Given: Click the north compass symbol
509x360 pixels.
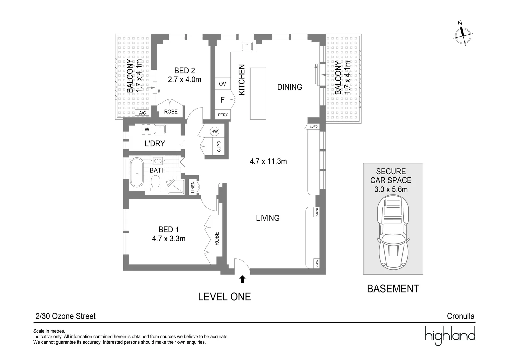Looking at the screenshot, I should (463, 34).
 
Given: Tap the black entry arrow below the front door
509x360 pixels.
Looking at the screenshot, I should (242, 279).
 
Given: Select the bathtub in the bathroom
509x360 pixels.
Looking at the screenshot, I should (136, 172).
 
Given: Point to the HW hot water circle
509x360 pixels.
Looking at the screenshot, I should (214, 132).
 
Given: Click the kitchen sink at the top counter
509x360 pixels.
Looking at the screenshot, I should (247, 46).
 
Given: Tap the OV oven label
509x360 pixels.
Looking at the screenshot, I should (222, 84).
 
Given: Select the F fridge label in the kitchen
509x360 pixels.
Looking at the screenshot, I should (222, 100).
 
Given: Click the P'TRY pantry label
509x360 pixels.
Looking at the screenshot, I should (223, 115).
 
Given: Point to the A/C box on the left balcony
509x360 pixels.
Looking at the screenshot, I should (142, 113).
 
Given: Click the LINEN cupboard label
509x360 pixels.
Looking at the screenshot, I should (193, 187).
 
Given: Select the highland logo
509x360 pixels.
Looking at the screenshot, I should (450, 335).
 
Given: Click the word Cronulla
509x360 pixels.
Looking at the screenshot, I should (460, 316).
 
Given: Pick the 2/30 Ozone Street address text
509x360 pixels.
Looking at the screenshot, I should (65, 316).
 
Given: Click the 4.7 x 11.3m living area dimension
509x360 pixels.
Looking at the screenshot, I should (268, 162).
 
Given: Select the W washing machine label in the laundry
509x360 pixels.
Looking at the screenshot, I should (147, 129).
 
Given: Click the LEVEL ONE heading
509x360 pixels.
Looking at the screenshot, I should (224, 297).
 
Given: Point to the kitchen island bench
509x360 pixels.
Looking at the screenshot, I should (258, 93).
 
